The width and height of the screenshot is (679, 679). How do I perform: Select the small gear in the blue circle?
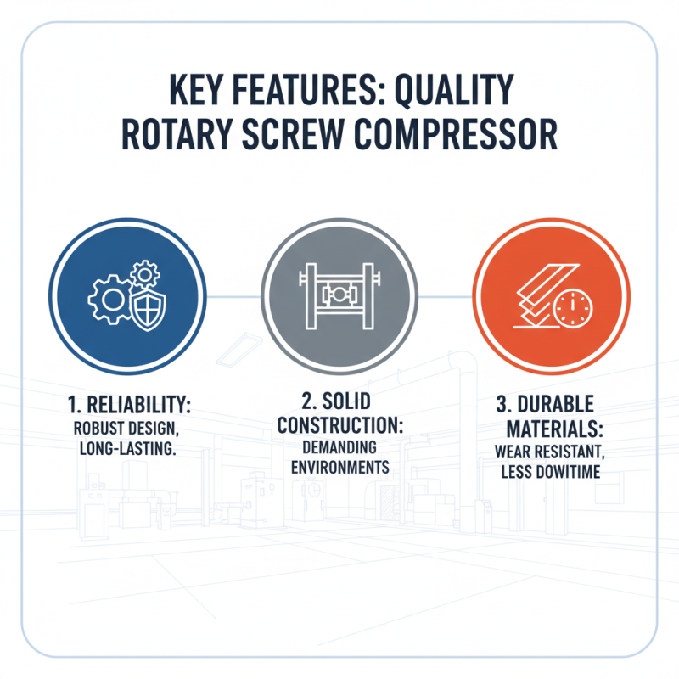[x=145, y=273]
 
